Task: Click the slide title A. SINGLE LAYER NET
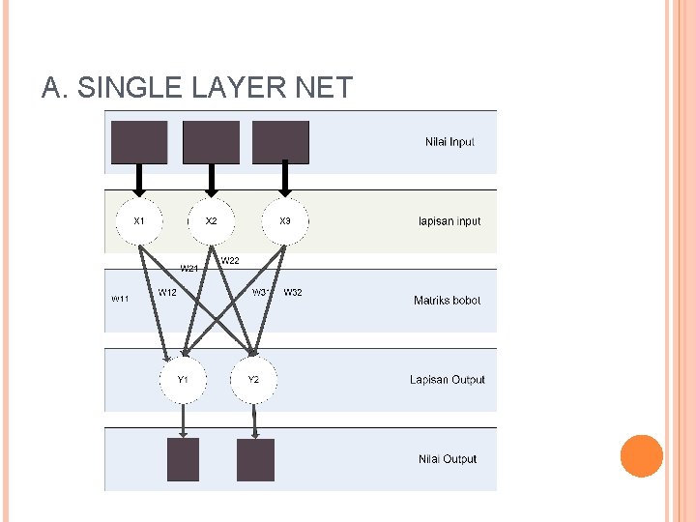pyautogui.click(x=196, y=88)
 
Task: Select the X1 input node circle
pyautogui.click(x=139, y=221)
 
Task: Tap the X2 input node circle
pyautogui.click(x=211, y=221)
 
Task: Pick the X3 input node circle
pyautogui.click(x=285, y=221)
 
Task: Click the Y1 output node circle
pyautogui.click(x=183, y=380)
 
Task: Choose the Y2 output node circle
pyautogui.click(x=253, y=380)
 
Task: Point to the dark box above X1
pyautogui.click(x=139, y=142)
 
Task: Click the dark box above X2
pyautogui.click(x=211, y=142)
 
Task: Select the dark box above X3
pyautogui.click(x=281, y=142)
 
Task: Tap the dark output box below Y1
pyautogui.click(x=183, y=459)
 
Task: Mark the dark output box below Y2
pyautogui.click(x=255, y=459)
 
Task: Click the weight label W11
pyautogui.click(x=120, y=300)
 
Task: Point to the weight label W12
pyautogui.click(x=167, y=292)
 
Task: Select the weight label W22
pyautogui.click(x=230, y=260)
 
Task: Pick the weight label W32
pyautogui.click(x=293, y=292)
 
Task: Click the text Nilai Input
pyautogui.click(x=449, y=142)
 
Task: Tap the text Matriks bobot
pyautogui.click(x=447, y=301)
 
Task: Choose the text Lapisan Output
pyautogui.click(x=447, y=380)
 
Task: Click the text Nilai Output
pyautogui.click(x=448, y=459)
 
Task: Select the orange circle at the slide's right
pyautogui.click(x=641, y=456)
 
